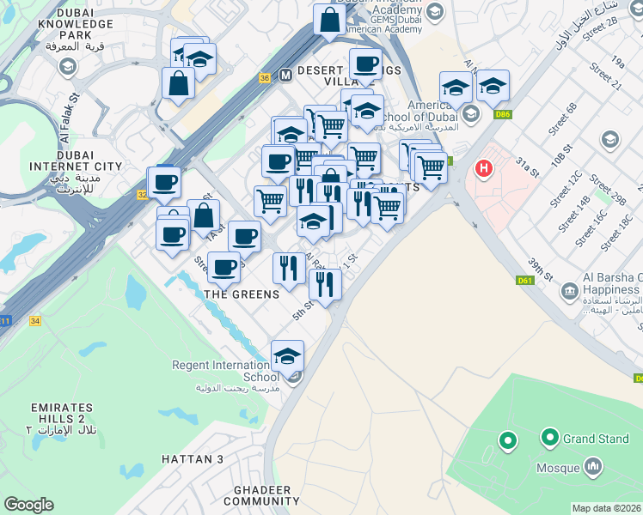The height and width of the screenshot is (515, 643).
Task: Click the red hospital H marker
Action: pyautogui.click(x=484, y=168)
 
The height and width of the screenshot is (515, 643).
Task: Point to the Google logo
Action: pyautogui.click(x=29, y=505)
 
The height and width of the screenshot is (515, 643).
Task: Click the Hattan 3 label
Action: pyautogui.click(x=193, y=459)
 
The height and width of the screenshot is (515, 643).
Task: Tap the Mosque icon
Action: pyautogui.click(x=591, y=466)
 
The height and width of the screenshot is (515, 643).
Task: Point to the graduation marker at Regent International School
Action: pyautogui.click(x=288, y=355)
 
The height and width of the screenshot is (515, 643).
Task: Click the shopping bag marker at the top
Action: pyautogui.click(x=329, y=19)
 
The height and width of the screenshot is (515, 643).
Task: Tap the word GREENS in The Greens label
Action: pyautogui.click(x=255, y=294)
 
